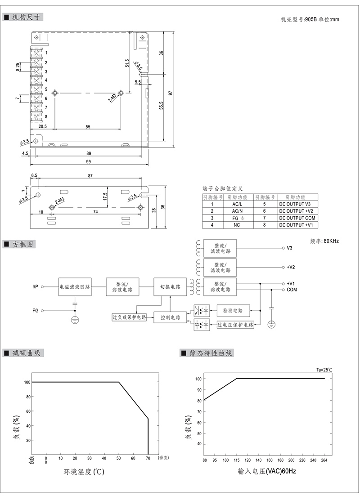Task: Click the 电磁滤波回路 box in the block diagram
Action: [x=75, y=286]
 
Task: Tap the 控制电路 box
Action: [x=170, y=317]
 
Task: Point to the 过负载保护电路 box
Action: [x=130, y=317]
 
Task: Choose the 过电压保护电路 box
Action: [x=235, y=325]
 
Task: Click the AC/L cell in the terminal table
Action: [x=237, y=204]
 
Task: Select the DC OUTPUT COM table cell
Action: [x=297, y=218]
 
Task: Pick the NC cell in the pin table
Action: [x=237, y=225]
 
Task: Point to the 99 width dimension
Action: [x=88, y=162]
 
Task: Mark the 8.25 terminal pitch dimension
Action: [x=18, y=66]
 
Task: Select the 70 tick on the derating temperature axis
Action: [x=148, y=458]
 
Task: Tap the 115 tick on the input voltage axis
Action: [x=237, y=460]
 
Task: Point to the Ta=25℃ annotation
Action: [x=324, y=370]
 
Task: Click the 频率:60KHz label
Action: [x=324, y=241]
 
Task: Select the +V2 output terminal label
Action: [x=290, y=267]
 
